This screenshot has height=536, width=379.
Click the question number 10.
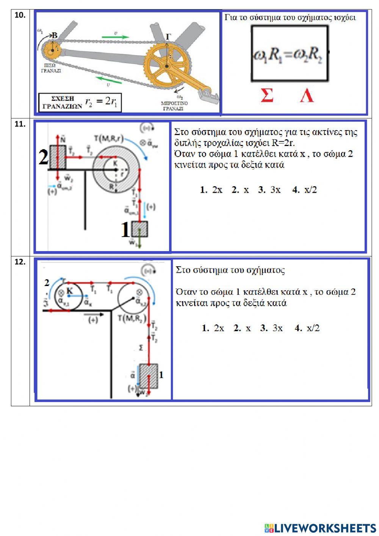point(20,15)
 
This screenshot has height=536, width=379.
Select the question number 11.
point(20,124)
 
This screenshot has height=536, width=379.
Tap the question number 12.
point(20,262)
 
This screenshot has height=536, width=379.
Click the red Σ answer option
point(267,95)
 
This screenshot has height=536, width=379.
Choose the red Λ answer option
point(307,95)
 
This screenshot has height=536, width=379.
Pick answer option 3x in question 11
point(269,190)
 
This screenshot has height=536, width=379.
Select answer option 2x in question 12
point(213,328)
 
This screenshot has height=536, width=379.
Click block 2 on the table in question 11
point(57,157)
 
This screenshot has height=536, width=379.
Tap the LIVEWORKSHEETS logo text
point(320,528)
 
